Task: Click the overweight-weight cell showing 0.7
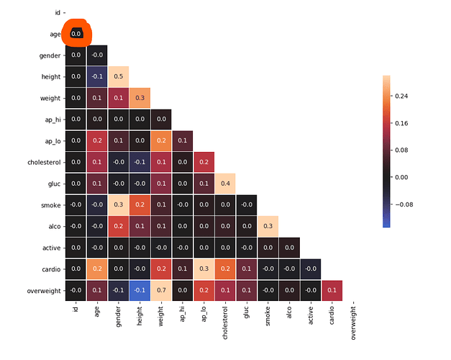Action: (x=162, y=290)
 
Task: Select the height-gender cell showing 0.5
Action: (x=119, y=76)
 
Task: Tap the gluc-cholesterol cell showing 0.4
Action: (x=227, y=184)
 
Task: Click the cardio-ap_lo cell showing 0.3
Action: (x=205, y=269)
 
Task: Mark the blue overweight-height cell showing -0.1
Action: (x=140, y=290)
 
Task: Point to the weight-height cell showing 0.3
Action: (x=140, y=98)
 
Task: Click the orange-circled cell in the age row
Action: (x=76, y=34)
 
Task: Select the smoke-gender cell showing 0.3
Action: (x=119, y=204)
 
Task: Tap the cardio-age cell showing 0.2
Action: (x=97, y=269)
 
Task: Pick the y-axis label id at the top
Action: (x=58, y=12)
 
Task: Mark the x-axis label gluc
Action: (x=247, y=314)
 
